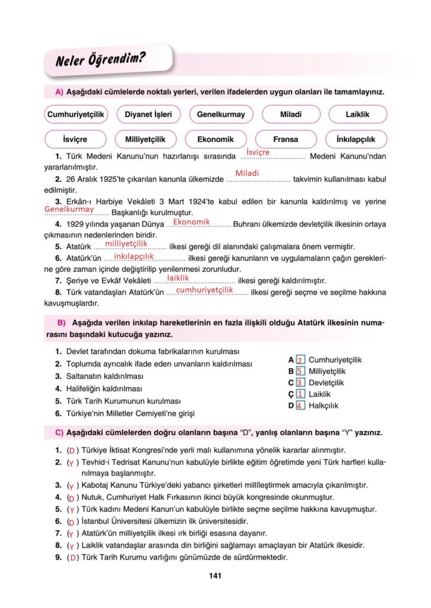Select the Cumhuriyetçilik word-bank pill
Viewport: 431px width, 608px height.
click(76, 114)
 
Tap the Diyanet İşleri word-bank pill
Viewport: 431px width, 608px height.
click(145, 114)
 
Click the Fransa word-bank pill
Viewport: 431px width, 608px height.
click(286, 140)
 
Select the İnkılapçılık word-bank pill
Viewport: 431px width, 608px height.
click(356, 140)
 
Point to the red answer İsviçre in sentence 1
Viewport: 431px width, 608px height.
click(258, 153)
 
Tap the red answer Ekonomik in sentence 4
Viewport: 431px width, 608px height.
click(191, 221)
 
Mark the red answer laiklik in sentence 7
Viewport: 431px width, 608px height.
click(178, 277)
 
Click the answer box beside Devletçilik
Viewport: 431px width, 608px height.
click(300, 383)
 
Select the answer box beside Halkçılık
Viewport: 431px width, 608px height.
click(300, 406)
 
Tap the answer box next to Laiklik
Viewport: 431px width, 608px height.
click(300, 394)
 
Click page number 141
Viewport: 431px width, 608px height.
click(215, 575)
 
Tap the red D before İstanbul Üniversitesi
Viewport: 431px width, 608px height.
click(71, 522)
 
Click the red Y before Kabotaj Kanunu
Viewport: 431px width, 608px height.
click(71, 486)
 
